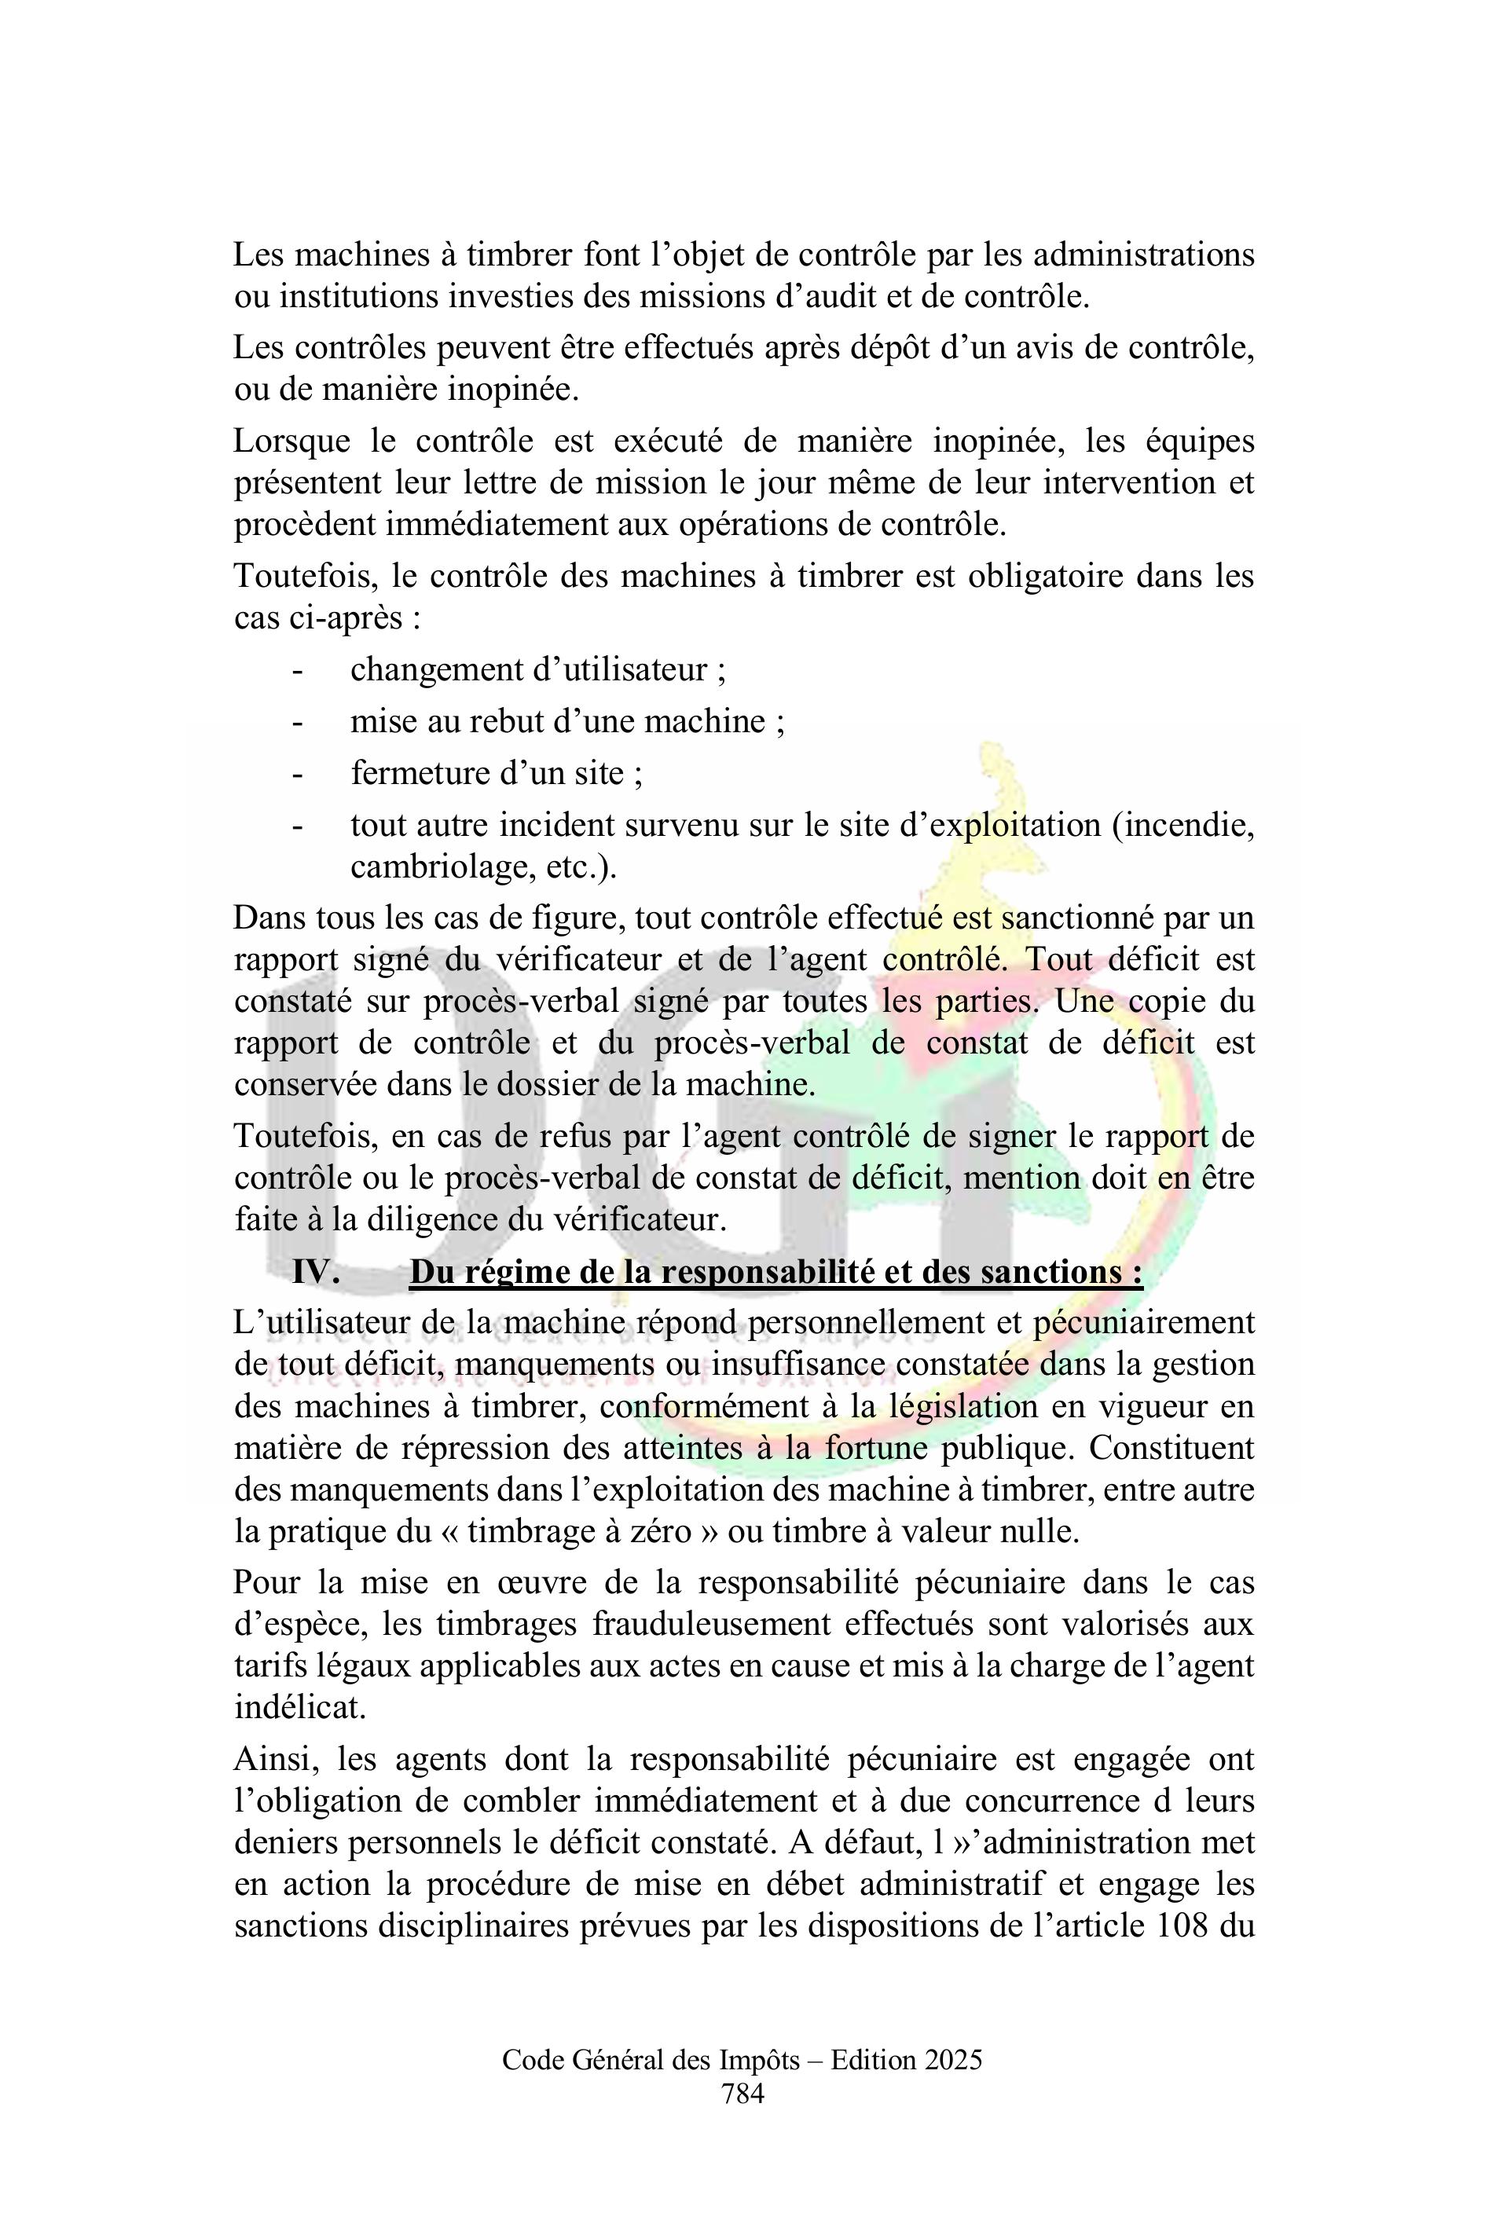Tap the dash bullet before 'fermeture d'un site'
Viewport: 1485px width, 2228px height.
(x=297, y=774)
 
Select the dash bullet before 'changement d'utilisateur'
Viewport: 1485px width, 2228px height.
(x=297, y=669)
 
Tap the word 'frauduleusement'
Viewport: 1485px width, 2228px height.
(x=711, y=1623)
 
